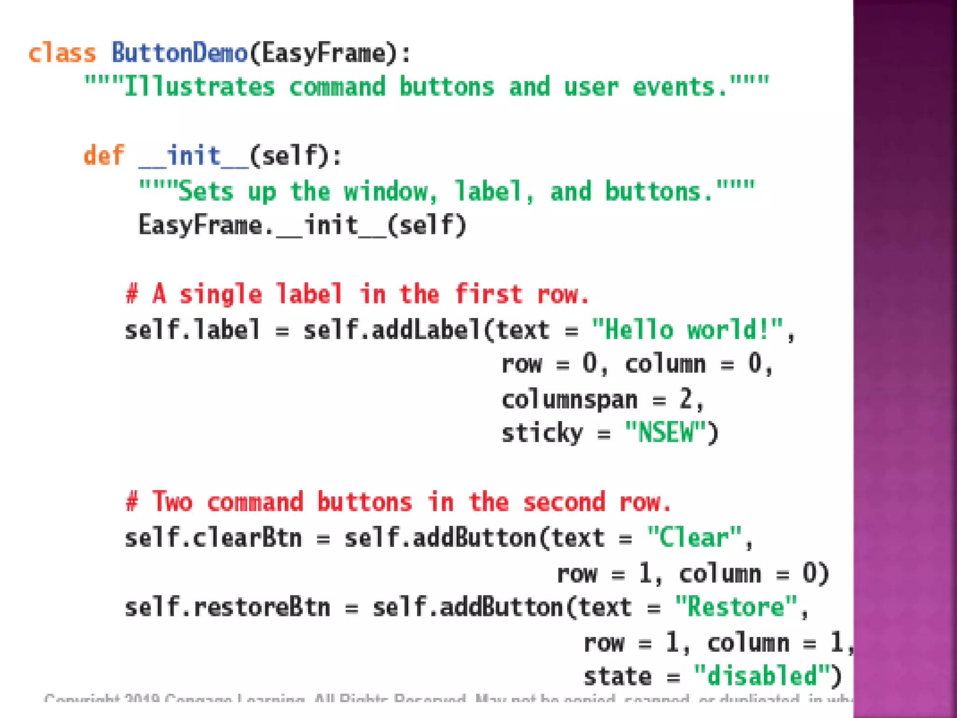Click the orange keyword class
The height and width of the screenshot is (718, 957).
pyautogui.click(x=62, y=53)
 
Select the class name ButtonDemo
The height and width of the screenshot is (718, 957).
pyautogui.click(x=179, y=53)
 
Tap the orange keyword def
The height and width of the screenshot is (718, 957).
pyautogui.click(x=104, y=156)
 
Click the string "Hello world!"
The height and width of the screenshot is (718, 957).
pyautogui.click(x=687, y=330)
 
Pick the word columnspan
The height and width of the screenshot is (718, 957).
pyautogui.click(x=569, y=400)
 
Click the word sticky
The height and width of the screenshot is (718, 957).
pyautogui.click(x=542, y=433)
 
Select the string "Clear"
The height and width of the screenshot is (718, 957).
pyautogui.click(x=694, y=538)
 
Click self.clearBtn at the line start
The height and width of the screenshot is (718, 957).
pyautogui.click(x=213, y=538)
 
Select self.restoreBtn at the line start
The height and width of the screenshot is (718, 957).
pyautogui.click(x=227, y=607)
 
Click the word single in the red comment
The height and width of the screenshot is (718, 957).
pyautogui.click(x=221, y=295)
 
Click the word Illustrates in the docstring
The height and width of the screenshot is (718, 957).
pyautogui.click(x=199, y=87)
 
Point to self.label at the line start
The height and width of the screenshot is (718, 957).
pyautogui.click(x=192, y=330)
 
